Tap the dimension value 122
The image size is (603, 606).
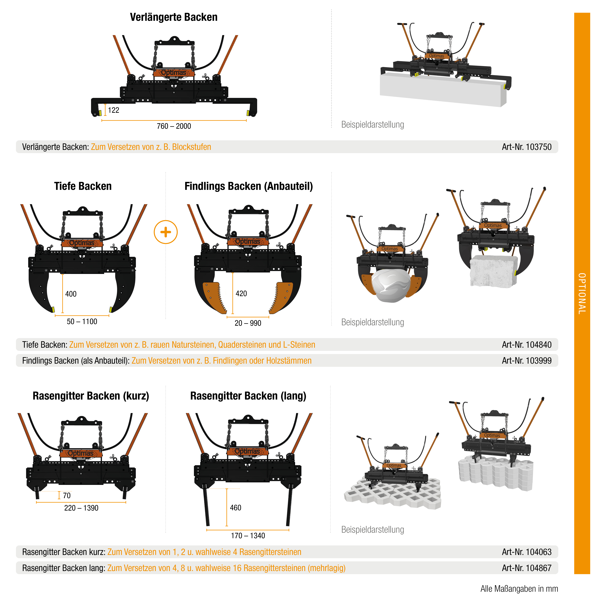114,110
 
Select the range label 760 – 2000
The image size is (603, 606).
174,126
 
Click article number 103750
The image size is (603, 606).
526,147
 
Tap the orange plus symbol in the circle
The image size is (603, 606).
166,232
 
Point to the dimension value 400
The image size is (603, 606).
71,294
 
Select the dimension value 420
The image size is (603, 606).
241,294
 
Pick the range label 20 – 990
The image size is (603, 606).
248,323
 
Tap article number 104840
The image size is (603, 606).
526,345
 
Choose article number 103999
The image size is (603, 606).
526,361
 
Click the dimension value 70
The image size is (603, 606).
67,496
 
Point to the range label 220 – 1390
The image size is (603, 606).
81,508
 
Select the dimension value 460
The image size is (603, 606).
236,508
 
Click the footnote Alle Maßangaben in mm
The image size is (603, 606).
519,589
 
